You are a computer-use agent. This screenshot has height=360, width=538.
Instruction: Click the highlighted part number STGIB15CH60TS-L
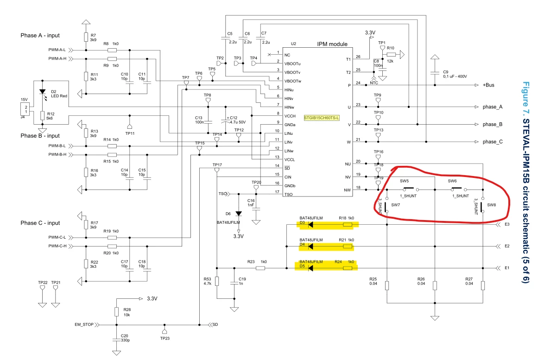(x=322, y=118)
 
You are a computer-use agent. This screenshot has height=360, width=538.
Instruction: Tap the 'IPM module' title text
(x=332, y=44)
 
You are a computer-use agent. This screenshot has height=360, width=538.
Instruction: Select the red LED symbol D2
(x=43, y=92)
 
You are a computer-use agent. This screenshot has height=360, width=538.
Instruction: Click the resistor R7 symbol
(x=86, y=37)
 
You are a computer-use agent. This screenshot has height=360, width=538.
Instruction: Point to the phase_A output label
(x=493, y=107)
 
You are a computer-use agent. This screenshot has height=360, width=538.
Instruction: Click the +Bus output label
(x=488, y=85)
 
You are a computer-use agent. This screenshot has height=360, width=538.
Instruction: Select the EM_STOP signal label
(x=84, y=324)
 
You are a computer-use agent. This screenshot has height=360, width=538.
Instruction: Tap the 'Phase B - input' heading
(x=40, y=136)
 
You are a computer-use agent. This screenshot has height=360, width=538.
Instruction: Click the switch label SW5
(x=404, y=181)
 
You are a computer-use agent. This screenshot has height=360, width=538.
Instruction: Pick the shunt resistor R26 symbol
(x=435, y=285)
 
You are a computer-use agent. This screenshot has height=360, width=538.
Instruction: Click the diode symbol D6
(x=239, y=214)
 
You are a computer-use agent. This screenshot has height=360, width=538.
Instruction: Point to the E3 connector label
(x=507, y=224)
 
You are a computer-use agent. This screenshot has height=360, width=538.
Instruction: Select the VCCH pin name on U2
(x=290, y=116)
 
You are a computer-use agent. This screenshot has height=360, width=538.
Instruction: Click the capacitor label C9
(x=445, y=72)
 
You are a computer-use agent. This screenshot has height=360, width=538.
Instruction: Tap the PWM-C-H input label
(x=57, y=246)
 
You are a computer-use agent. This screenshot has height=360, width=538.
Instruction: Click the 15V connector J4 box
(x=25, y=110)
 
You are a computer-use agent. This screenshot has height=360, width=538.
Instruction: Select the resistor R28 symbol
(x=117, y=312)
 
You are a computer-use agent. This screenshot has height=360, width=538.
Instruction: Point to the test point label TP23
(x=165, y=338)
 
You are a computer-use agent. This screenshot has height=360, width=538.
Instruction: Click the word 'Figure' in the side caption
(x=525, y=93)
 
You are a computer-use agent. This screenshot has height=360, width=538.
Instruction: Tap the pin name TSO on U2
(x=288, y=195)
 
